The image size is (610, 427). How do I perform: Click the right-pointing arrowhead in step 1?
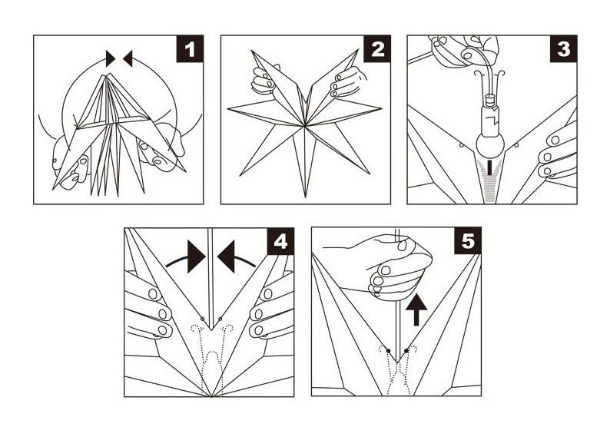[x=111, y=58]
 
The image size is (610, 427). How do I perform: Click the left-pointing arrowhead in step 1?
[x=128, y=58]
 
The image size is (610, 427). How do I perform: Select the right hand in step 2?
[x=346, y=81]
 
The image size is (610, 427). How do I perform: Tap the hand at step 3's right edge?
[x=559, y=154]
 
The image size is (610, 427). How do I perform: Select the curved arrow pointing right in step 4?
[x=187, y=257]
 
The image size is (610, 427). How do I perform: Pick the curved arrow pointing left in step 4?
[x=234, y=257]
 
